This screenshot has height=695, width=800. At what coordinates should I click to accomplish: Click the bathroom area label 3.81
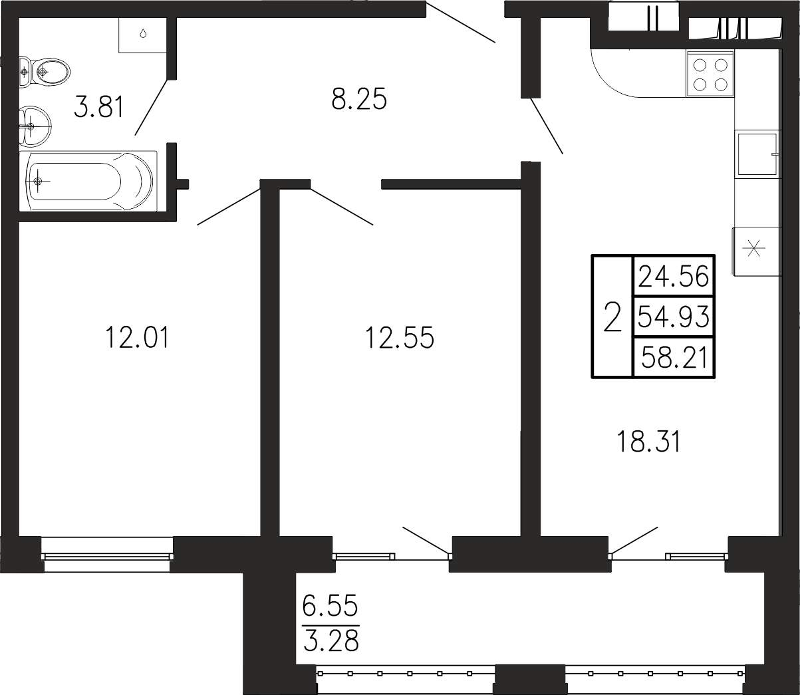pyautogui.click(x=98, y=108)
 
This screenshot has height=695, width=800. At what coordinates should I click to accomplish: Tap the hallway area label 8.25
pyautogui.click(x=359, y=99)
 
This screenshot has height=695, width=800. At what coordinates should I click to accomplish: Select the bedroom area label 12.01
pyautogui.click(x=137, y=338)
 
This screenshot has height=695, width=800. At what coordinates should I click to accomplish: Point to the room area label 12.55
pyautogui.click(x=400, y=338)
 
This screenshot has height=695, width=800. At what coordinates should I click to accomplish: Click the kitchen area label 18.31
pyautogui.click(x=648, y=442)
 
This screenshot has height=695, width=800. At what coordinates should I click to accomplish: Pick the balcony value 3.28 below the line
pyautogui.click(x=331, y=641)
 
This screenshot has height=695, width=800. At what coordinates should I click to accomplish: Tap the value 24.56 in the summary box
pyautogui.click(x=673, y=277)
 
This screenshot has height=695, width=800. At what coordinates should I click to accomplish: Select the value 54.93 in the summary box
pyautogui.click(x=673, y=317)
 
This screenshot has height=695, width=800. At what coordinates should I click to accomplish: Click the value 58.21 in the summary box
pyautogui.click(x=674, y=358)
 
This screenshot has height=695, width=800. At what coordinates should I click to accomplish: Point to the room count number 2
pyautogui.click(x=612, y=317)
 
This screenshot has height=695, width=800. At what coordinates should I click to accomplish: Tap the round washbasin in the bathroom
pyautogui.click(x=35, y=126)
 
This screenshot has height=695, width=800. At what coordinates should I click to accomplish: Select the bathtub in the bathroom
pyautogui.click(x=88, y=181)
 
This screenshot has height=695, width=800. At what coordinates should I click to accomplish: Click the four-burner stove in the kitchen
pyautogui.click(x=710, y=74)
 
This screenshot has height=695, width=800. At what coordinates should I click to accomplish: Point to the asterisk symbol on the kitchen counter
pyautogui.click(x=754, y=248)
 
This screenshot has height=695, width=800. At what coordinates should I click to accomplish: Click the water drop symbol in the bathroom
pyautogui.click(x=144, y=33)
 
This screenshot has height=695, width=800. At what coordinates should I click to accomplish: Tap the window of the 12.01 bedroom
pyautogui.click(x=107, y=555)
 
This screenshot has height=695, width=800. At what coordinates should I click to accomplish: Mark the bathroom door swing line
pyautogui.click(x=152, y=107)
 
